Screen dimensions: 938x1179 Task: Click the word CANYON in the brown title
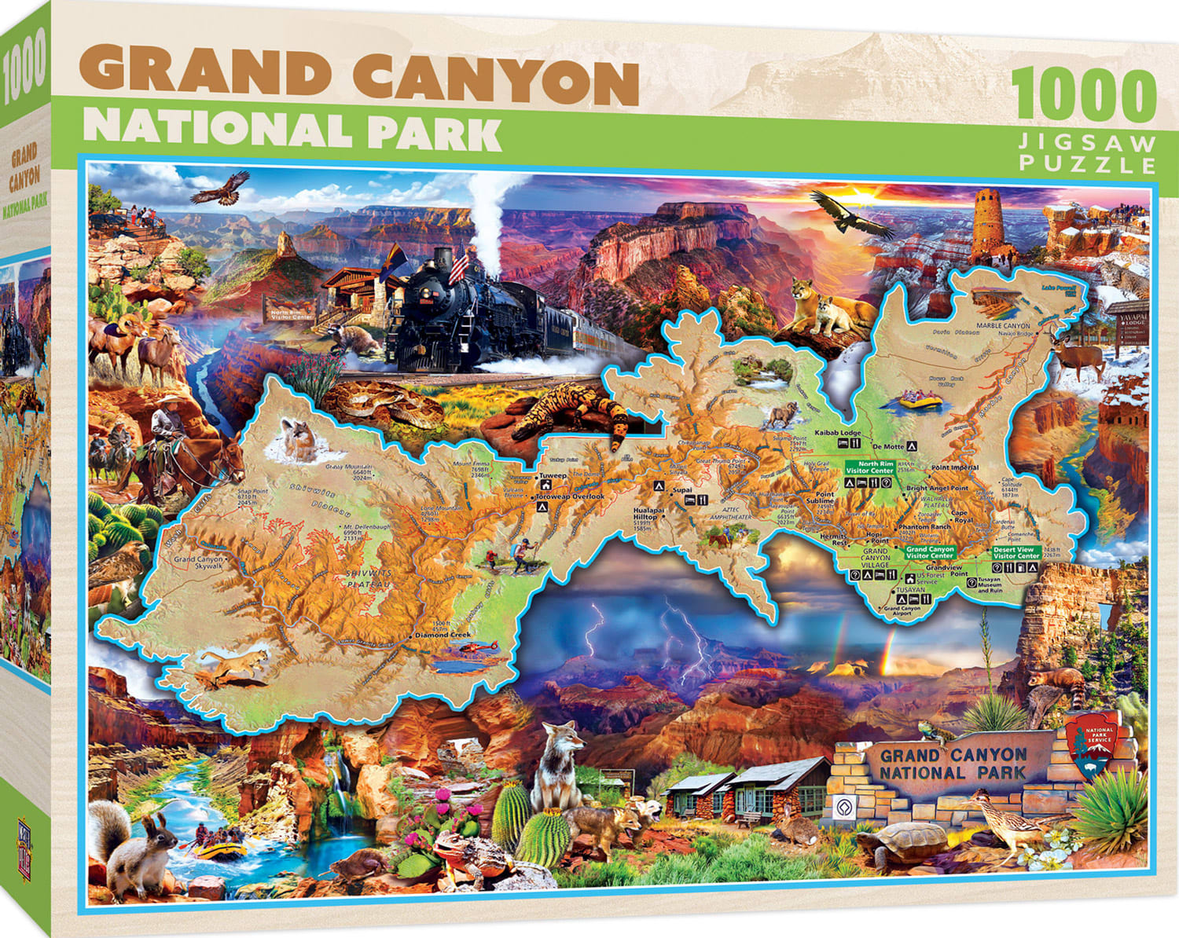point(495,79)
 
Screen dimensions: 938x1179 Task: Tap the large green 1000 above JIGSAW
point(1085,96)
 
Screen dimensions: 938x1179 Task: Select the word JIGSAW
point(1089,143)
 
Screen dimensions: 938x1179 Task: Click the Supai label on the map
point(682,490)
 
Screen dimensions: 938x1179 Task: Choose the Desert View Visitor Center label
point(1016,552)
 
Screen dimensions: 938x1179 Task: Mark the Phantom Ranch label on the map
point(924,527)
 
